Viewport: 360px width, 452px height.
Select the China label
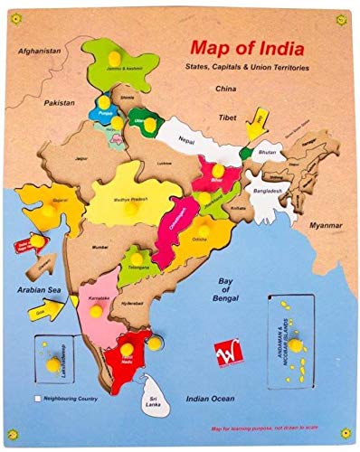click(224, 89)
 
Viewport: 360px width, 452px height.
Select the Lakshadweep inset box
click(55, 360)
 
